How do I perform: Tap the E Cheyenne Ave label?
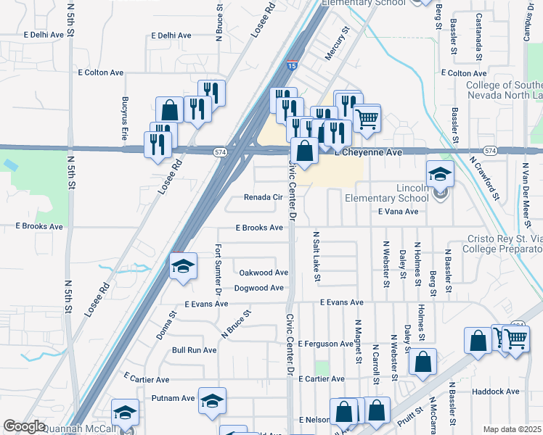point(368,153)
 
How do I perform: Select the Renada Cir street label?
point(263,197)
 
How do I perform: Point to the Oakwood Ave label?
point(264,273)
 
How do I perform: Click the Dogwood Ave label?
point(258,288)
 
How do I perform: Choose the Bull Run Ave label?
point(194,350)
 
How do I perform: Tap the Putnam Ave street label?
point(173,398)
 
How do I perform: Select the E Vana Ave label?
point(399,212)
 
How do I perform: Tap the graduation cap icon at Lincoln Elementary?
point(440,174)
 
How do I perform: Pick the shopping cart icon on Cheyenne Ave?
point(367,117)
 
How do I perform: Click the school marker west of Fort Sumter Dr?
point(184,266)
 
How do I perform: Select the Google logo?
point(24,427)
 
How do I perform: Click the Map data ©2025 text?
point(512,429)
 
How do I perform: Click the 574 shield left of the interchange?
point(221,152)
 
